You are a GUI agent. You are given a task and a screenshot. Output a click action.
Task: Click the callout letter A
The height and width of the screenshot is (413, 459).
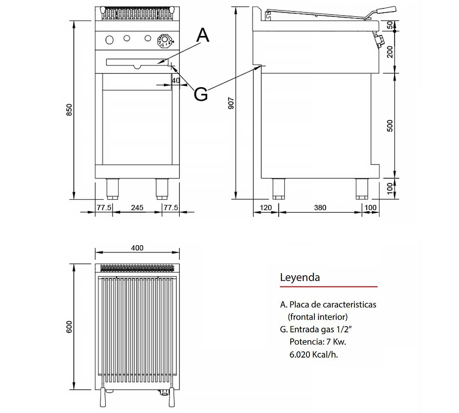203,35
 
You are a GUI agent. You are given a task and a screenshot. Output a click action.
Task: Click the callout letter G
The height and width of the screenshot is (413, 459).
201,94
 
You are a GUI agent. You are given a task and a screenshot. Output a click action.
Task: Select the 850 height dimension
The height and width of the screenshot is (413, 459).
69,110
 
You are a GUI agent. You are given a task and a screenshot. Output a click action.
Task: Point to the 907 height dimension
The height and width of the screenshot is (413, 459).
231,103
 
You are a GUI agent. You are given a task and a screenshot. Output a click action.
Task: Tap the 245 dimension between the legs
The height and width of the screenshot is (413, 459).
137,208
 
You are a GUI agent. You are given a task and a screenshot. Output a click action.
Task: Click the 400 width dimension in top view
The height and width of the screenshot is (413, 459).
137,248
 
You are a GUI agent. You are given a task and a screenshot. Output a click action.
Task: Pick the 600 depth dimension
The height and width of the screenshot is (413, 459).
69,327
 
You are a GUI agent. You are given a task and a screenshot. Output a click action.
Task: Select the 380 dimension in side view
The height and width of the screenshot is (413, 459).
320,208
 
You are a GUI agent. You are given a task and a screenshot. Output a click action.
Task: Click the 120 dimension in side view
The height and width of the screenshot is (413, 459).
265,208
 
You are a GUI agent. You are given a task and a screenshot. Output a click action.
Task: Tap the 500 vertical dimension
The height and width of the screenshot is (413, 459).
390,125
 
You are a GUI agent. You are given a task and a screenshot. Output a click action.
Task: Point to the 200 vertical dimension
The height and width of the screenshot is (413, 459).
390,52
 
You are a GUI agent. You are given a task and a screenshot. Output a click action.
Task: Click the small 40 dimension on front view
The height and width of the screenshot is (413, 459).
176,81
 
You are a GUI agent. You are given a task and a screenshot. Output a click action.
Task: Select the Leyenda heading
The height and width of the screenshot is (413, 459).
300,277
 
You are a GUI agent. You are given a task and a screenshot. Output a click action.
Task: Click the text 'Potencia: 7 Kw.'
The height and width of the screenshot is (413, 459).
317,341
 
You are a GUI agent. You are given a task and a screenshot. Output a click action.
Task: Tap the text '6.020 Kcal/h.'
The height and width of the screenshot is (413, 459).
314,354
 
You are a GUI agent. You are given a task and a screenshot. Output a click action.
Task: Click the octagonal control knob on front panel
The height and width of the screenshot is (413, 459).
165,41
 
